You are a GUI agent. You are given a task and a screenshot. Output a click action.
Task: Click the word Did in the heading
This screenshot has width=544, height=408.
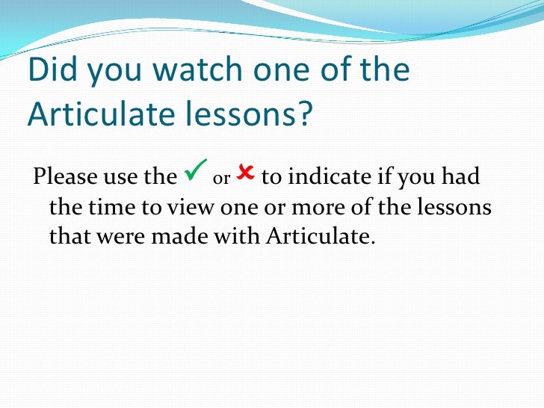point(52,70)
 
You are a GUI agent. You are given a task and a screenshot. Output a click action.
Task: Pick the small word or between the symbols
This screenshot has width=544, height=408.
point(220,181)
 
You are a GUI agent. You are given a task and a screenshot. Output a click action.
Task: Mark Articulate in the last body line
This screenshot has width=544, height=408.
point(318,237)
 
